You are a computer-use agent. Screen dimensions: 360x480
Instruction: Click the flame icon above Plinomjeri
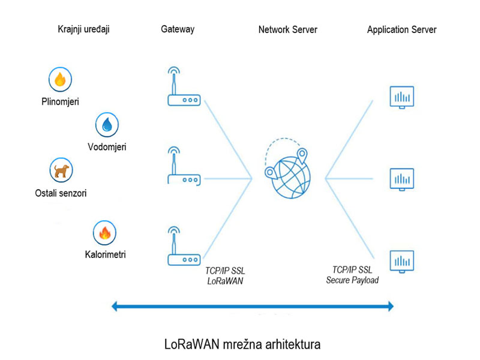[x=60, y=79]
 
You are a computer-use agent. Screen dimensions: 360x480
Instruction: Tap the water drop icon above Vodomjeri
[x=107, y=125]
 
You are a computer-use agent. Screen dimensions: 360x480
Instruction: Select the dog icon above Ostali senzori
[x=60, y=170]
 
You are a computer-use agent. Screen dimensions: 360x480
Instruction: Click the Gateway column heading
[x=178, y=29]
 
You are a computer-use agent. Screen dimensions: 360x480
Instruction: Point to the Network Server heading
[x=288, y=29]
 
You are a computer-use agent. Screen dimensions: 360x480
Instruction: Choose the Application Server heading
[x=402, y=29]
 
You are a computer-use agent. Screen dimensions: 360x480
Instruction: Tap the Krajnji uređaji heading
[x=83, y=29]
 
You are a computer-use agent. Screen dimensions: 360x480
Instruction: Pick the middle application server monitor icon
[x=401, y=179]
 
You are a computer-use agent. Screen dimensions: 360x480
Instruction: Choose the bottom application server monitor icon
[x=401, y=260]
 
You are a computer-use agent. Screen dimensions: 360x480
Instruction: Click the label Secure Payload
[x=352, y=280]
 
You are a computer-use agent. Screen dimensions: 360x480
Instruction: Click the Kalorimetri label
[x=106, y=255]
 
